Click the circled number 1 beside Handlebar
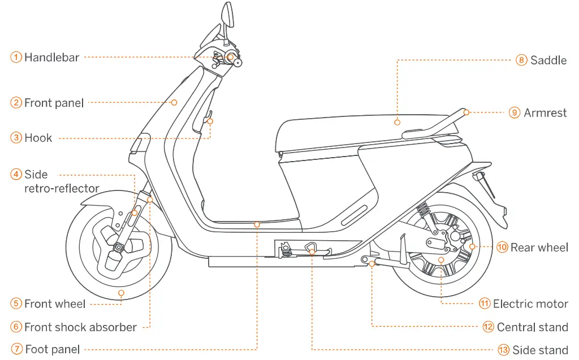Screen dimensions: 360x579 16,57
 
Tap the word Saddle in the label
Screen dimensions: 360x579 548,60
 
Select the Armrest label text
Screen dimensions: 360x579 545,112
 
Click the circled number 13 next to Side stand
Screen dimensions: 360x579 503,350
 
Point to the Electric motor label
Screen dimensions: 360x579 530,304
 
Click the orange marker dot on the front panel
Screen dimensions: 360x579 174,102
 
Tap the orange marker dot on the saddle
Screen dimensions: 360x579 397,122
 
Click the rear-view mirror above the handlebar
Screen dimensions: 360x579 227,14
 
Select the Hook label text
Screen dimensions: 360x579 38,138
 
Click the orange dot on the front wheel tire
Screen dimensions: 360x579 121,293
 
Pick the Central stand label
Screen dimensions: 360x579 532,327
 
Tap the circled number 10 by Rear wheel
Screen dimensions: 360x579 502,247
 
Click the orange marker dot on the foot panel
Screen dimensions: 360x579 257,224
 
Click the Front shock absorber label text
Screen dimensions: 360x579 80,327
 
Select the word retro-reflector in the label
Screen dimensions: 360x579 62,188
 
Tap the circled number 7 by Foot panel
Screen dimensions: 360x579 16,350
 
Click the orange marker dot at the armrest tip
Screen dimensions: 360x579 466,112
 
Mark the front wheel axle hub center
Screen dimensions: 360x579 119,246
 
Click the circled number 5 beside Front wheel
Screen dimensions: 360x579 16,304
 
